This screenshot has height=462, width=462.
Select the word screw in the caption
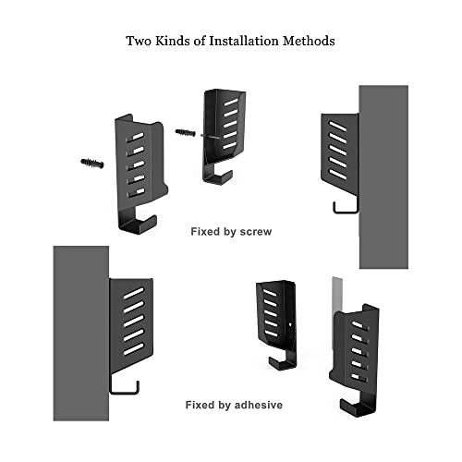[x=256, y=232]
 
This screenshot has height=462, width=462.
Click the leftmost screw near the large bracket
[x=92, y=164]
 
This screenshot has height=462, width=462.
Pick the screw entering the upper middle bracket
[x=186, y=132]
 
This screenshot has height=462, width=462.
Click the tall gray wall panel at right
[x=383, y=177]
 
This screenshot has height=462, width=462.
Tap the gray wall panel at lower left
[x=81, y=334]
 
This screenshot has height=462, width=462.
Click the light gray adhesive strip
[x=337, y=296]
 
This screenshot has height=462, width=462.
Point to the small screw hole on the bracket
[x=290, y=324]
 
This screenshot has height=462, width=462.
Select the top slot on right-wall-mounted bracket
[x=337, y=126]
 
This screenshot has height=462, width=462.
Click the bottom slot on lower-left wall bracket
[x=134, y=349]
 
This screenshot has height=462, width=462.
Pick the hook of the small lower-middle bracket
[x=282, y=364]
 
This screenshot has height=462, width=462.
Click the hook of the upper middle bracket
[x=216, y=178]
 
